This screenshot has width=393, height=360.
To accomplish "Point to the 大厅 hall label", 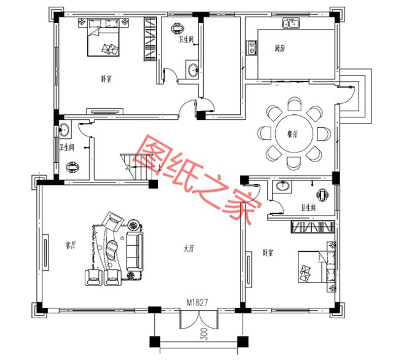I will pyautogui.click(x=189, y=249).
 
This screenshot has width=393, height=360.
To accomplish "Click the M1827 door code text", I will pyautogui.click(x=198, y=303).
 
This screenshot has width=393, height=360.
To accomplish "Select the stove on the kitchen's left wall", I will pyautogui.click(x=250, y=47).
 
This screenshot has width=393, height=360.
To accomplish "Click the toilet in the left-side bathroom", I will pyautogui.click(x=74, y=166).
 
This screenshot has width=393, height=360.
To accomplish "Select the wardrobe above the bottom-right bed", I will pyautogui.click(x=311, y=228).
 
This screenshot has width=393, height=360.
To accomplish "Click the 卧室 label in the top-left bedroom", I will pyautogui.click(x=106, y=79).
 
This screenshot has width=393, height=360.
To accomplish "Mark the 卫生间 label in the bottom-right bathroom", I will pyautogui.click(x=308, y=208).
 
